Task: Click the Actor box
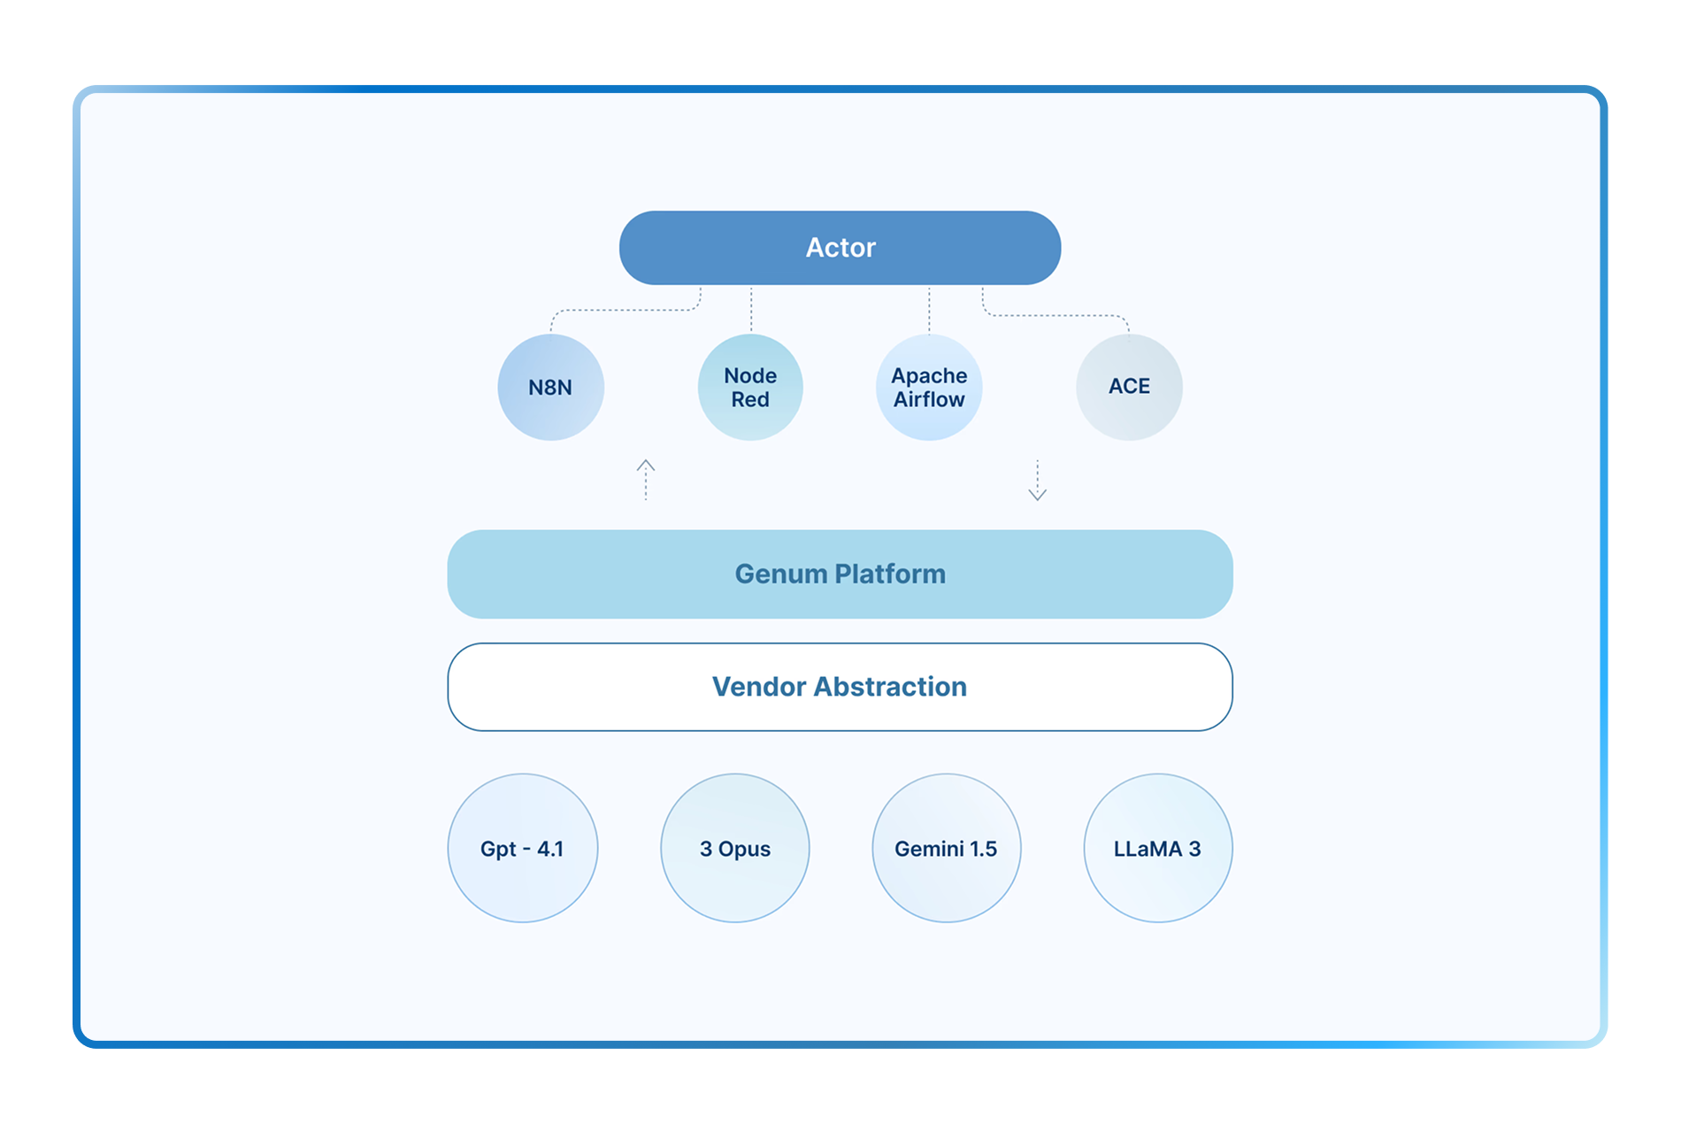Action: tap(840, 248)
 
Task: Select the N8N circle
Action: tap(550, 388)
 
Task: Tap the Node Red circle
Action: tap(750, 388)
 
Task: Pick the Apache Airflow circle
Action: tap(929, 388)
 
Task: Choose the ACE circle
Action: tap(1129, 387)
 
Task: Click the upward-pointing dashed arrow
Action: tap(646, 480)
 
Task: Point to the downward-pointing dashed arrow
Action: tap(1037, 481)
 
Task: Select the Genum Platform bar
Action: tap(840, 574)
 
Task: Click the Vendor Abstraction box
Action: tap(840, 687)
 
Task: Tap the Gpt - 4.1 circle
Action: tap(522, 848)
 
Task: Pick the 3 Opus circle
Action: tap(734, 848)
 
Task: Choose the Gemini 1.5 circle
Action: tap(946, 848)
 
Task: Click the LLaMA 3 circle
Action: tap(1157, 848)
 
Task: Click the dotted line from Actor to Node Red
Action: tap(751, 309)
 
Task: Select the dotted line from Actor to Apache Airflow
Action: tap(929, 309)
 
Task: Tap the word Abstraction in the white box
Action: tap(890, 687)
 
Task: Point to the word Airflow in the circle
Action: tap(929, 400)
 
